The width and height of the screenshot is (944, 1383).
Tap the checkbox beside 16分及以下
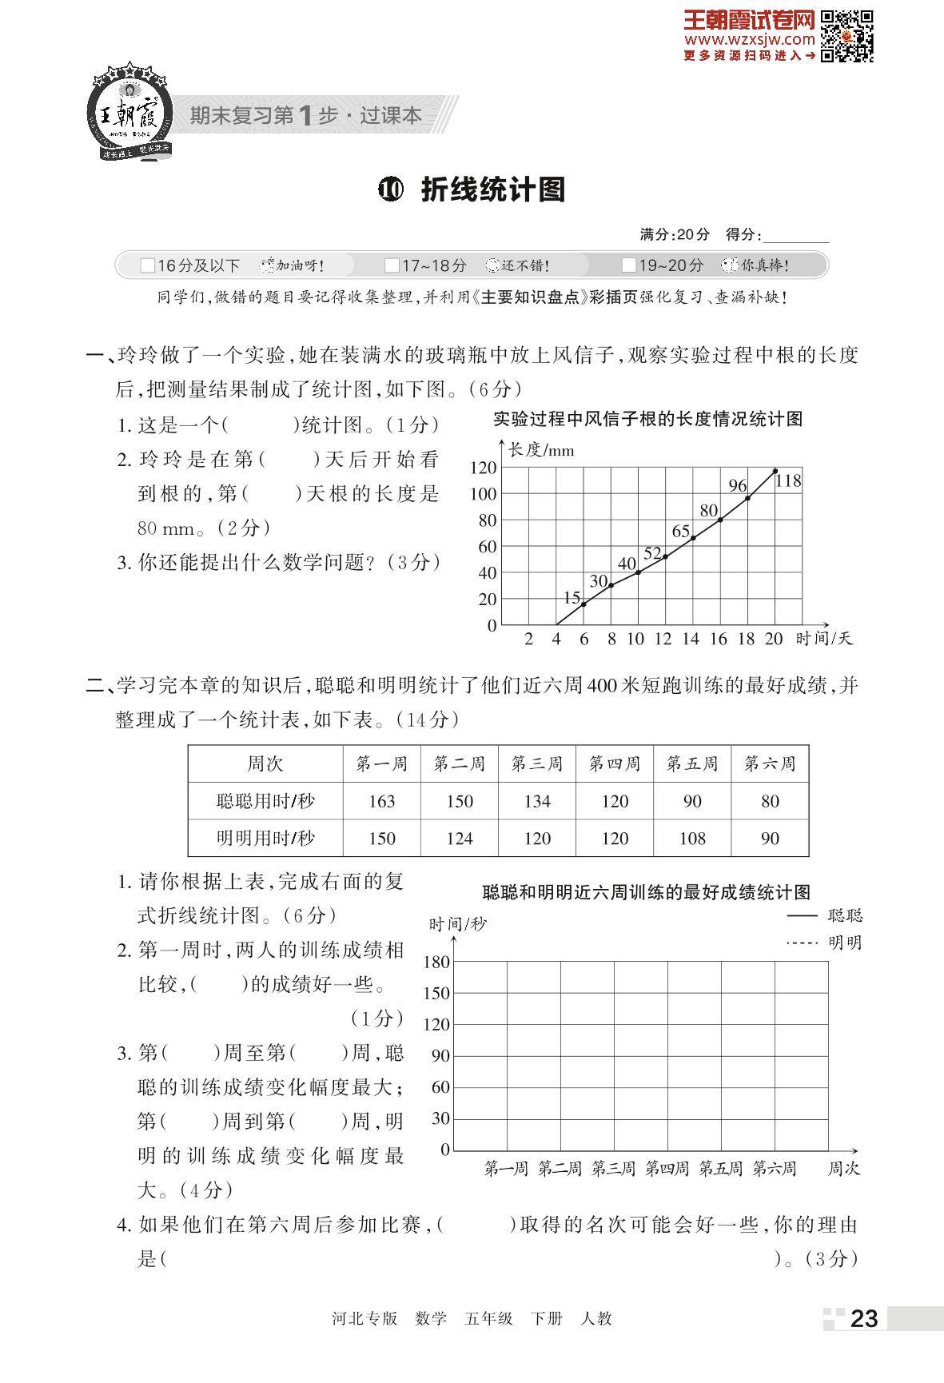pyautogui.click(x=147, y=265)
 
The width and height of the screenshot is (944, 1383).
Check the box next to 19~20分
pyautogui.click(x=629, y=265)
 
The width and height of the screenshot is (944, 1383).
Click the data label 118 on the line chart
pyautogui.click(x=788, y=480)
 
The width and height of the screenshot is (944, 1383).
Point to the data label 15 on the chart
pyautogui.click(x=572, y=597)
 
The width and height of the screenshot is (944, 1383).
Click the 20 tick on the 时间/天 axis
pyautogui.click(x=774, y=639)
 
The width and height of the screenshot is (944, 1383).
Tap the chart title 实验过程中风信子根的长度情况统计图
pyautogui.click(x=647, y=419)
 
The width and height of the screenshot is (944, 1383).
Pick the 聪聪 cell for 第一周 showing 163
pyautogui.click(x=382, y=801)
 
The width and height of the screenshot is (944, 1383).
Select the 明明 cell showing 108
pyautogui.click(x=692, y=839)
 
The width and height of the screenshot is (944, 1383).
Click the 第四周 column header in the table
pyautogui.click(x=615, y=764)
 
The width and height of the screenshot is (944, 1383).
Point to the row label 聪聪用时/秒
pyautogui.click(x=265, y=801)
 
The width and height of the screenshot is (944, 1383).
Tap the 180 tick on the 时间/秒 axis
pyautogui.click(x=436, y=962)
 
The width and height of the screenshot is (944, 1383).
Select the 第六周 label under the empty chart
pyautogui.click(x=775, y=1169)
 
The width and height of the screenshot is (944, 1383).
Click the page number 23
pyautogui.click(x=863, y=1318)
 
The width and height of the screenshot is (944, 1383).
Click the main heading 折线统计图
pyautogui.click(x=492, y=189)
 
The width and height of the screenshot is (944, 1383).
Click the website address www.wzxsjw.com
pyautogui.click(x=749, y=38)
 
